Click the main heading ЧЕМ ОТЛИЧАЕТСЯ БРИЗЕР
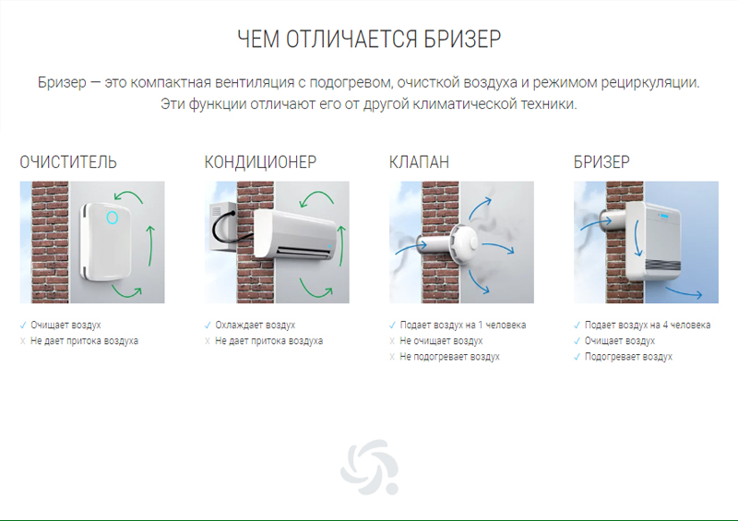[x=369, y=40]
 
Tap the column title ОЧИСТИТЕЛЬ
[x=68, y=162]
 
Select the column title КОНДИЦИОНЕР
[x=260, y=162]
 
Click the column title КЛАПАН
[x=420, y=162]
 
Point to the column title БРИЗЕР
[x=601, y=162]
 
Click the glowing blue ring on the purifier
[x=113, y=218]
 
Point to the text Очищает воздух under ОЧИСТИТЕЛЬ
[x=65, y=326]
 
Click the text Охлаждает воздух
[x=256, y=326]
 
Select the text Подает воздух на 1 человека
[x=463, y=326]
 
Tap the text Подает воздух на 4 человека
[x=648, y=326]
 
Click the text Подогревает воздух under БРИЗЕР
[x=628, y=356]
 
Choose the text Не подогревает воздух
[x=450, y=356]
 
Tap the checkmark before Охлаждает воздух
[x=208, y=326]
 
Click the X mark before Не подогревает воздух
[x=392, y=356]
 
